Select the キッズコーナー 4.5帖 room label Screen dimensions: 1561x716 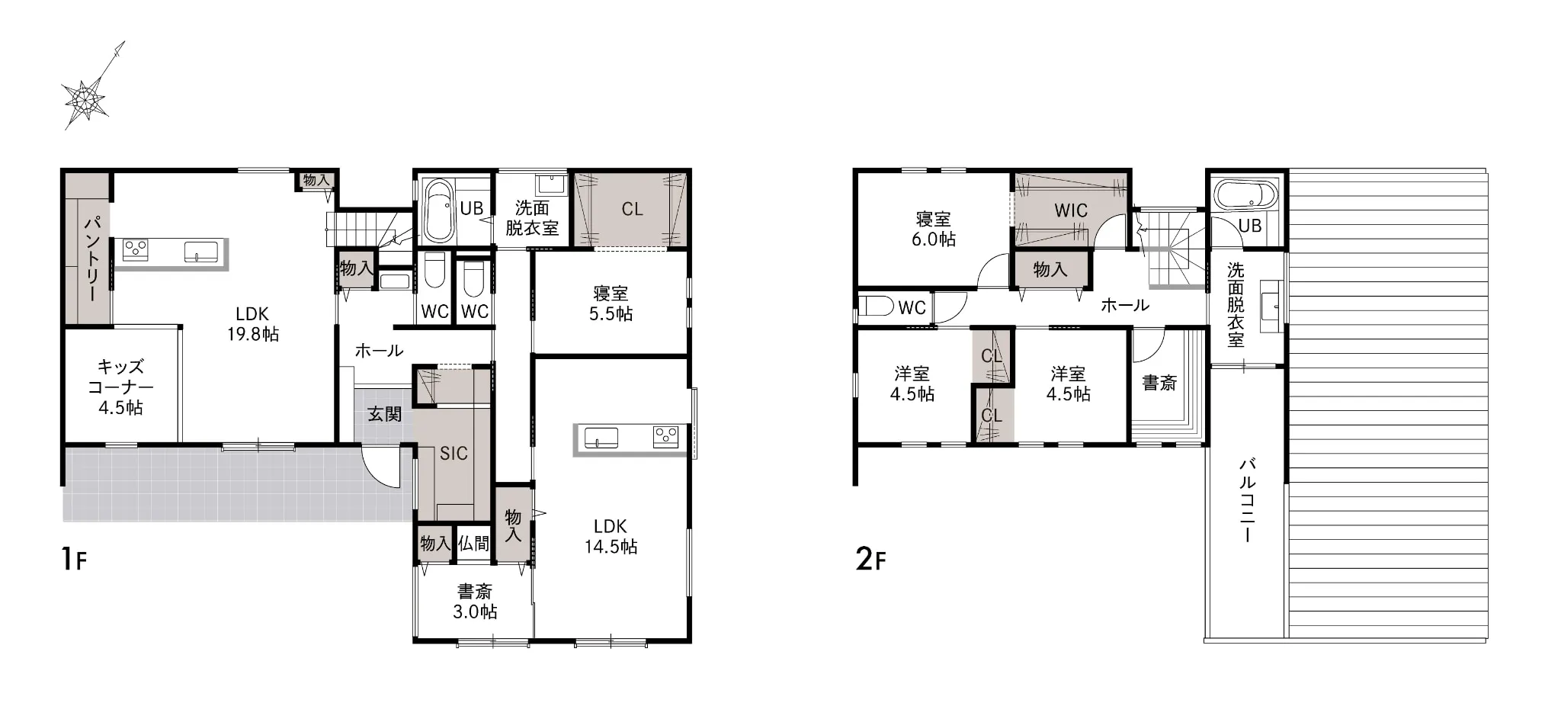coord(120,387)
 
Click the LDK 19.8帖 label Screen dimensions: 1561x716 coord(252,323)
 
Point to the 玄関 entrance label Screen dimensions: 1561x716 coord(384,414)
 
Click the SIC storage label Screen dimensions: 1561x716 coord(454,454)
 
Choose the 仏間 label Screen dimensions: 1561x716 coord(473,544)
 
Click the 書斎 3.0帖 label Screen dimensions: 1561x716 coord(475,602)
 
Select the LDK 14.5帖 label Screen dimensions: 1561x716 coord(611,536)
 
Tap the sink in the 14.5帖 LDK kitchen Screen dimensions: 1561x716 coord(601,438)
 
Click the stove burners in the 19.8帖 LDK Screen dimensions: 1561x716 coord(136,249)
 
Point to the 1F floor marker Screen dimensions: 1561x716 coord(75,559)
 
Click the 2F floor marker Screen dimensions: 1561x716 coord(871,559)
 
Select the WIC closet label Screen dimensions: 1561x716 coord(1071,210)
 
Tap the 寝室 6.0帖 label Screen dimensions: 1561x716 coord(934,229)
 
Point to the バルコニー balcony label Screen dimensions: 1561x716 coord(1248,499)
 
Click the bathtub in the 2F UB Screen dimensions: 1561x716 coord(1246,195)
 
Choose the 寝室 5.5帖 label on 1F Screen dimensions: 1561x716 coord(611,303)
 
